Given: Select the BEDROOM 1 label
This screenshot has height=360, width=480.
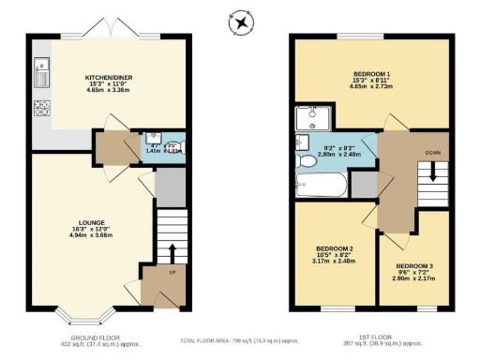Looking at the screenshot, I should pyautogui.click(x=372, y=73).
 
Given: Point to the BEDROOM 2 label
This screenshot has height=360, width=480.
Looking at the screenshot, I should pyautogui.click(x=334, y=248).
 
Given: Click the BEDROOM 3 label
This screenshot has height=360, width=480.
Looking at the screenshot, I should pyautogui.click(x=413, y=267).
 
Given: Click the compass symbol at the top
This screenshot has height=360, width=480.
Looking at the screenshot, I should pyautogui.click(x=241, y=21).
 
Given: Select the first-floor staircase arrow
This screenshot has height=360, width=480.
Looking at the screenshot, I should pyautogui.click(x=433, y=172).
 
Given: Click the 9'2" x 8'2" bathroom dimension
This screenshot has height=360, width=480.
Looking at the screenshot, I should pyautogui.click(x=337, y=147).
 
